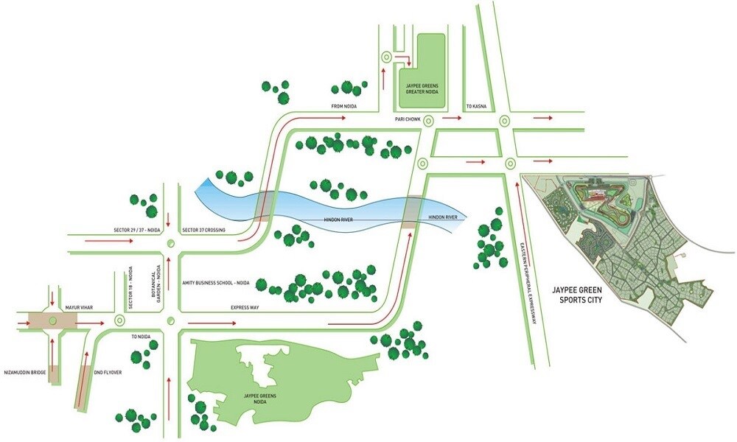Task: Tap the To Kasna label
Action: tap(473, 107)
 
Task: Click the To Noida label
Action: tap(140, 336)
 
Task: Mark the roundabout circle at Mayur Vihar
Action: tap(52, 320)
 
